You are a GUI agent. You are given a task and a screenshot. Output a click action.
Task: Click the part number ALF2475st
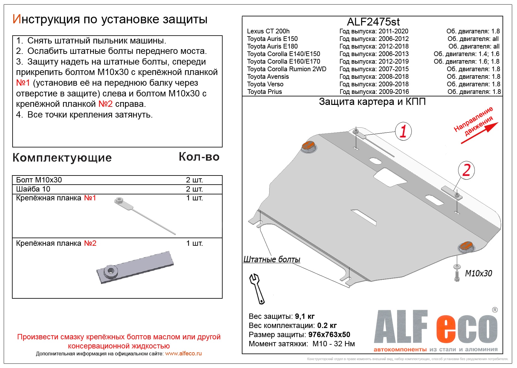point(373,22)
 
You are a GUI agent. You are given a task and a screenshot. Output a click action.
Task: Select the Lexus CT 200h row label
point(268,31)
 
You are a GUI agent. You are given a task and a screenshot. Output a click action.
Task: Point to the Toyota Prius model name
point(264,92)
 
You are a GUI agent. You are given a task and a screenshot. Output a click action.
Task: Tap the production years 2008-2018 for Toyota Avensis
point(394,77)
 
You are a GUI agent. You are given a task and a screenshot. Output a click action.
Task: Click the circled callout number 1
point(403,131)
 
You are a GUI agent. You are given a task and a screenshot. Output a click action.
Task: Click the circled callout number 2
point(466,170)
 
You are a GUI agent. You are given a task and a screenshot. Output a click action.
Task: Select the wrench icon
point(257,288)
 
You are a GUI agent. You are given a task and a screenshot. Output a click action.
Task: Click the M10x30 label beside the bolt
point(478,273)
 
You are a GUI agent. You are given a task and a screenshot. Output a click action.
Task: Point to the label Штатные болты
point(271,259)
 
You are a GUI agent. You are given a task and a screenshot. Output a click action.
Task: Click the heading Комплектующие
point(62,158)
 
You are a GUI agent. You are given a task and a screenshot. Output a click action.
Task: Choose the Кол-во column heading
point(199,157)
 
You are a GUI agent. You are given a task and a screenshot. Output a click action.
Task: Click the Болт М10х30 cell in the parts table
point(39,180)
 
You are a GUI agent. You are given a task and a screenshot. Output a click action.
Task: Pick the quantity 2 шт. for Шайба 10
point(194,189)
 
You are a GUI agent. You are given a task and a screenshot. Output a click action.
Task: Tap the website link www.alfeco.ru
point(183,354)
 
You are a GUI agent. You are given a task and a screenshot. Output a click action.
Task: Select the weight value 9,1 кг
point(304,316)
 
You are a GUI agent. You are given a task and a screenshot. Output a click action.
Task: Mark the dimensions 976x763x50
point(329,335)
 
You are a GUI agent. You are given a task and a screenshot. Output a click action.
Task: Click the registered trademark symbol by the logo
point(495,310)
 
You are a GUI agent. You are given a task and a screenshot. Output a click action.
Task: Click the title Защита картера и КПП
point(372,102)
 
